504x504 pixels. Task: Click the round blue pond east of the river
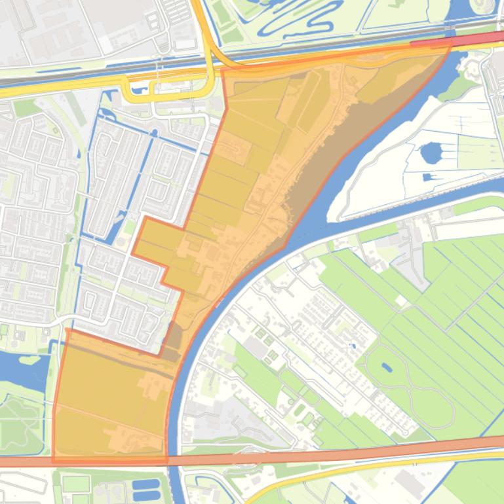tap(431, 153)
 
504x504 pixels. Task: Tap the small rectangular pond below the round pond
tap(429, 177)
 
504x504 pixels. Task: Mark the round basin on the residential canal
tap(155, 133)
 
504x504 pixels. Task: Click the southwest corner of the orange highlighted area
tap(54, 460)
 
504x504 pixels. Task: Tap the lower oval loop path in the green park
tap(426, 409)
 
